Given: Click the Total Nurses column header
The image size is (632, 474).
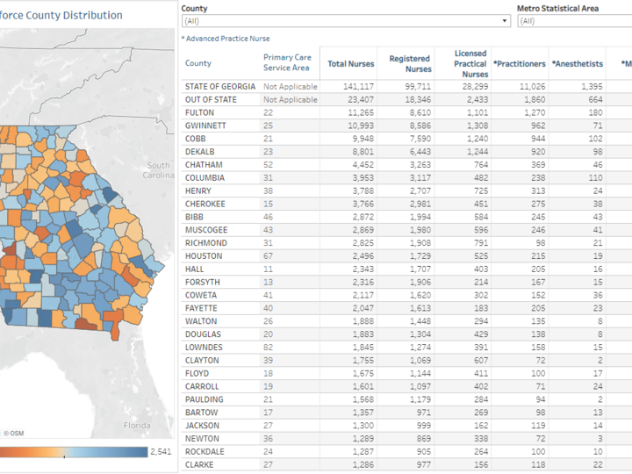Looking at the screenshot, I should (x=350, y=63).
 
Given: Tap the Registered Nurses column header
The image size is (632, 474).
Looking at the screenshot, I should (x=410, y=63).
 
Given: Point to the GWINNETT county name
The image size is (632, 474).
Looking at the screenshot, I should (x=205, y=126).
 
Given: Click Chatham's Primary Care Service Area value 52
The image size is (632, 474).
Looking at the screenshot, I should (x=268, y=165).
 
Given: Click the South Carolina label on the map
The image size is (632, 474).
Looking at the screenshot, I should (x=159, y=170).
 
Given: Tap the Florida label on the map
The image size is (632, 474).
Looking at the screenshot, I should (x=136, y=425).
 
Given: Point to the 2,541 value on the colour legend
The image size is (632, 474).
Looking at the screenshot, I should (x=162, y=452).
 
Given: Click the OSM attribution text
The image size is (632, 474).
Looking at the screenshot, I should (x=14, y=433).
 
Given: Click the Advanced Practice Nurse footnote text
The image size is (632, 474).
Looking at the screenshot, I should (x=226, y=39).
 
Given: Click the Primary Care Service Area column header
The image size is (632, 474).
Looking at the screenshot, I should (x=287, y=63).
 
